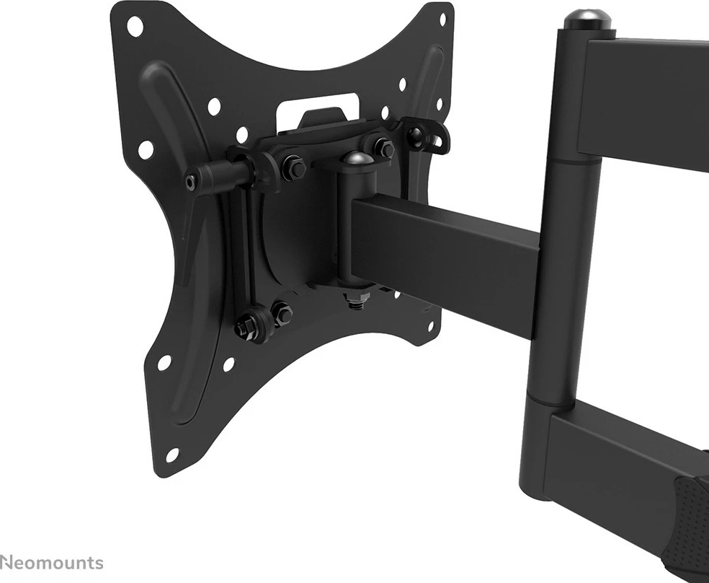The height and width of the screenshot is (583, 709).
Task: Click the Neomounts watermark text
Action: click(52, 563)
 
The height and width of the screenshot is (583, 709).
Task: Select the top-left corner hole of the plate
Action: click(135, 25)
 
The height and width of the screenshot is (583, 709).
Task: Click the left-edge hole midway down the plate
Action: click(146, 149)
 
